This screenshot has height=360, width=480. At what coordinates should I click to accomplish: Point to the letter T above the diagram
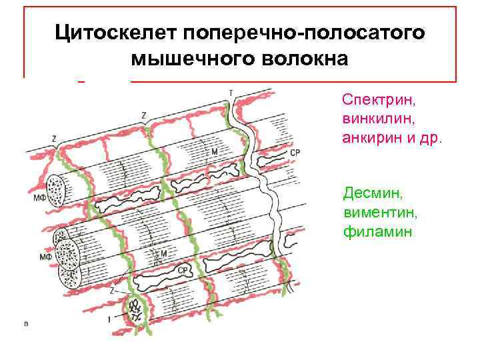(x=231, y=91)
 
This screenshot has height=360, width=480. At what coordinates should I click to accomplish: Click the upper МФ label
(x=32, y=197)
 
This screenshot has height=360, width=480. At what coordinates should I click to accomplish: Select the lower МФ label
(x=45, y=257)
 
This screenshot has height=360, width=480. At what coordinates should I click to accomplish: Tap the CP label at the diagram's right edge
(x=295, y=153)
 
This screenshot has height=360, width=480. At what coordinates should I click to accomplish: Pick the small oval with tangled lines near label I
(x=137, y=308)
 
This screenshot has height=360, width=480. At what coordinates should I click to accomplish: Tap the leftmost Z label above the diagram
(x=53, y=139)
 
